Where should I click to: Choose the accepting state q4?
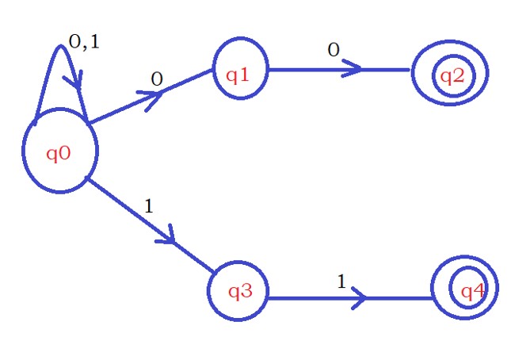(464, 291)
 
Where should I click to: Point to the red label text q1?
(238, 75)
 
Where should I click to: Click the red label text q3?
(239, 291)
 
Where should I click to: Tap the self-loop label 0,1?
(84, 43)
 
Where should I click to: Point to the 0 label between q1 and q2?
(334, 50)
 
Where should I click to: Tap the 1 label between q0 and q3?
(149, 205)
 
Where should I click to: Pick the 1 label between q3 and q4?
(342, 281)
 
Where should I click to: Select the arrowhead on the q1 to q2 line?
(354, 69)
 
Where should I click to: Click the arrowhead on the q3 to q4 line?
(359, 299)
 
